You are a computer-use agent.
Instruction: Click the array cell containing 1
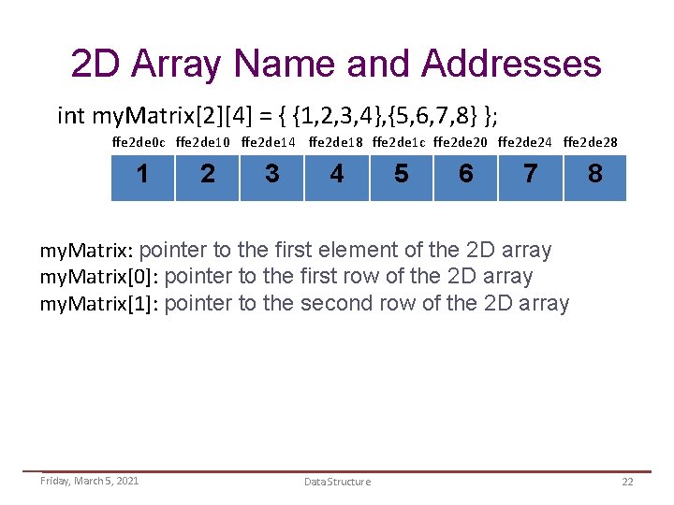pos(142,174)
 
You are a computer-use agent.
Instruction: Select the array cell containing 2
pos(207,174)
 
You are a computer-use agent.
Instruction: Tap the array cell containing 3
pos(271,174)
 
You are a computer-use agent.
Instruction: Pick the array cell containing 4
pos(336,174)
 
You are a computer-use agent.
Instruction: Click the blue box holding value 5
pos(401,174)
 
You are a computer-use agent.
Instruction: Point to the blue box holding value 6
pos(465,174)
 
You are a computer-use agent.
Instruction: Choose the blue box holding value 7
pos(530,174)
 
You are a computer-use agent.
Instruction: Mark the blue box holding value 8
pos(594,174)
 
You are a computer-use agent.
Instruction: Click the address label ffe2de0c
pos(139,143)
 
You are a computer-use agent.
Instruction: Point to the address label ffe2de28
pos(591,143)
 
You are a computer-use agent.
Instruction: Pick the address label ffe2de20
pos(462,143)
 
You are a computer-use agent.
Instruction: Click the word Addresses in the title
pos(511,64)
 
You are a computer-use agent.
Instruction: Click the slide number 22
pos(627,481)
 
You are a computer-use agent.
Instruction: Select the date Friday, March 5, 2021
pos(89,481)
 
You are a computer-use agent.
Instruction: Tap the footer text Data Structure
pos(337,482)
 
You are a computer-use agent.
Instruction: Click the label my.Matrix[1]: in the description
pos(98,304)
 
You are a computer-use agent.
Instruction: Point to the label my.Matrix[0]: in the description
pos(98,278)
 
